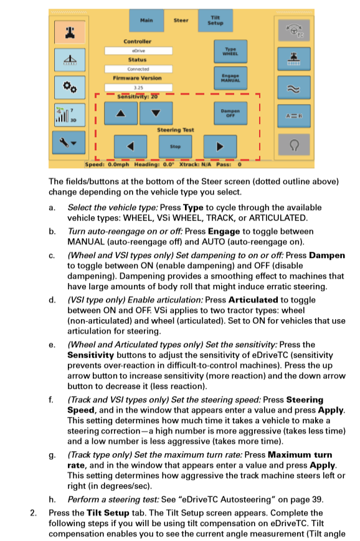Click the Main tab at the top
[x=146, y=20]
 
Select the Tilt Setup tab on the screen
[x=215, y=20]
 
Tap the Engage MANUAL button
[x=227, y=79]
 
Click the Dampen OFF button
[x=227, y=113]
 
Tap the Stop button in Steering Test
[x=176, y=146]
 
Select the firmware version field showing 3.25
[x=137, y=88]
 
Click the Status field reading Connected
[x=137, y=69]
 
